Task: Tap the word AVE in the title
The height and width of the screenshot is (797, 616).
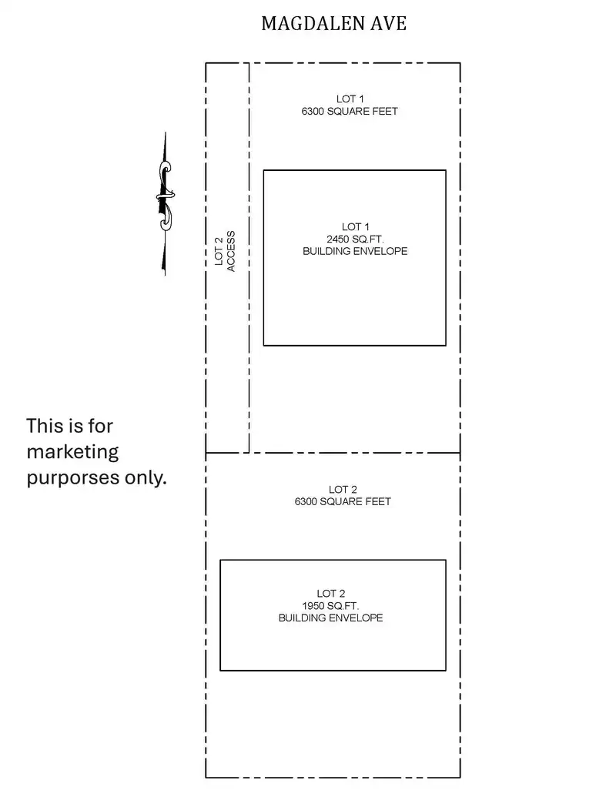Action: tap(389, 23)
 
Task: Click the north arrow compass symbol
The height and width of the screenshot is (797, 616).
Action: tap(165, 204)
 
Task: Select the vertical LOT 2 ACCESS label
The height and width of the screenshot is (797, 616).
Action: tap(225, 251)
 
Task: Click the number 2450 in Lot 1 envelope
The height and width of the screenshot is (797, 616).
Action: tap(337, 239)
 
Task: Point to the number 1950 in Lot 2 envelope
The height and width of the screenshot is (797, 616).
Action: tap(313, 606)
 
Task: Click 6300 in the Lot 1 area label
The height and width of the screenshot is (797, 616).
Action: tap(313, 112)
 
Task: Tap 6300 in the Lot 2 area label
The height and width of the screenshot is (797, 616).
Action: tap(306, 501)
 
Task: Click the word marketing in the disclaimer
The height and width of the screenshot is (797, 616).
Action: tap(72, 452)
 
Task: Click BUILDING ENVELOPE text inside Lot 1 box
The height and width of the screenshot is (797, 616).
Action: tap(355, 251)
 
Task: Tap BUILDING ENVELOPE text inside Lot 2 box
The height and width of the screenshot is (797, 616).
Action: tap(331, 618)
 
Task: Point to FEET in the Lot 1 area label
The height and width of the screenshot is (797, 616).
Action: tap(385, 112)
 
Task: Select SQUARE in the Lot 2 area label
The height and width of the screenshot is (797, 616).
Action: tap(341, 501)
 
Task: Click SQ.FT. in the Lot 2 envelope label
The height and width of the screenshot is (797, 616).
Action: tap(343, 606)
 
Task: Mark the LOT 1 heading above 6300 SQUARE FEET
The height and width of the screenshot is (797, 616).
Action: tap(350, 99)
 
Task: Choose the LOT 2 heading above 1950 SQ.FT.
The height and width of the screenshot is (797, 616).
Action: tap(331, 594)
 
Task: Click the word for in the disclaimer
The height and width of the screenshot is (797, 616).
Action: tap(99, 425)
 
